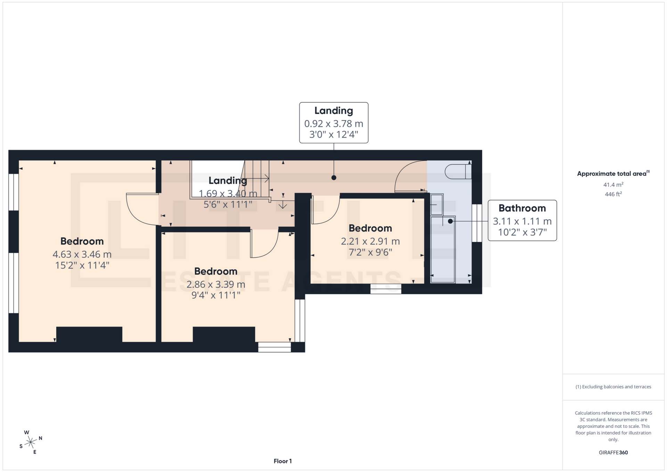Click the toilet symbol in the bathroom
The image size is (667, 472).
(x=458, y=171)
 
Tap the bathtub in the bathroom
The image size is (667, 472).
(x=443, y=249)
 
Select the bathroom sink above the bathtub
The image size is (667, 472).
(x=437, y=204)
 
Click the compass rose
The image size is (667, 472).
(x=31, y=442)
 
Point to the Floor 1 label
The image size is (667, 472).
(x=282, y=461)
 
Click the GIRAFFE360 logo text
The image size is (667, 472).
(x=613, y=453)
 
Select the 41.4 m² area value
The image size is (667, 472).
(x=613, y=185)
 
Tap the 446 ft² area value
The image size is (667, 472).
(x=613, y=194)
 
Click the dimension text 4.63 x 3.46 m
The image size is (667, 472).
(x=82, y=254)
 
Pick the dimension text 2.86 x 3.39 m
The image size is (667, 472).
(x=216, y=284)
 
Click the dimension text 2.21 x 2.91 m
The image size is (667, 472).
(x=370, y=241)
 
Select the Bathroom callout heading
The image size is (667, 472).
(x=522, y=208)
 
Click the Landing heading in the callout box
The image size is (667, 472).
(x=333, y=111)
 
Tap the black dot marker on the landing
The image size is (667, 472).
(x=334, y=178)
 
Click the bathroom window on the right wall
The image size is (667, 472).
(x=477, y=223)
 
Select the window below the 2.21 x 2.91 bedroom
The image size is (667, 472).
(x=386, y=289)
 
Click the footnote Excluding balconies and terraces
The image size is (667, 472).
(x=613, y=387)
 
